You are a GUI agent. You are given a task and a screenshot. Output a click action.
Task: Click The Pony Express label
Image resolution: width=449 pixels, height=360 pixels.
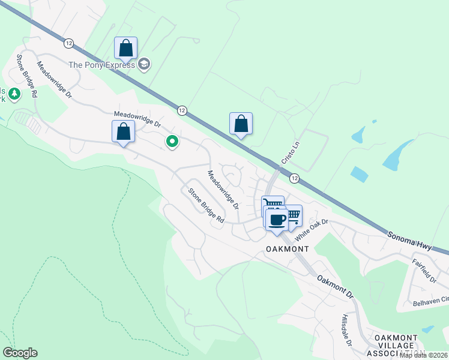[102, 65]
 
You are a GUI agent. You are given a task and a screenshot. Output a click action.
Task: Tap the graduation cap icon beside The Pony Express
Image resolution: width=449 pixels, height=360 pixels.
[144, 64]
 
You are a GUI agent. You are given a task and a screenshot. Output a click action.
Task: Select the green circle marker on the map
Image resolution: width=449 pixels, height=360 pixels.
[172, 142]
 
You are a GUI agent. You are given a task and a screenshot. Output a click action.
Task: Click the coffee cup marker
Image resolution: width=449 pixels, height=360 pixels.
[277, 220]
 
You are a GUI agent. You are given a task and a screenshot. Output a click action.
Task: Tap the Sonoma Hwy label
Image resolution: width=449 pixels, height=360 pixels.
[408, 233]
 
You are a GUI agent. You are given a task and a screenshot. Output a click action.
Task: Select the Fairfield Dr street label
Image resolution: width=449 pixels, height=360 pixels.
[424, 271]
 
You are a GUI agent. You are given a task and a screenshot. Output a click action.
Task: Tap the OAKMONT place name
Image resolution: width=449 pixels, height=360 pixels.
[287, 248]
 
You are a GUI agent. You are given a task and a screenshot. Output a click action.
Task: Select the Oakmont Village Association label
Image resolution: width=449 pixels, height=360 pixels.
[400, 346]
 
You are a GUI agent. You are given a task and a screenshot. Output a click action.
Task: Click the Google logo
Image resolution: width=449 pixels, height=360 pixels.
[20, 353]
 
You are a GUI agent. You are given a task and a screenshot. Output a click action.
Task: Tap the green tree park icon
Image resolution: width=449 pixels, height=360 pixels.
[14, 94]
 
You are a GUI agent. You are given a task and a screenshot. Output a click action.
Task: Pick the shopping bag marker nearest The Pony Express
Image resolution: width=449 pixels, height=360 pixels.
[126, 48]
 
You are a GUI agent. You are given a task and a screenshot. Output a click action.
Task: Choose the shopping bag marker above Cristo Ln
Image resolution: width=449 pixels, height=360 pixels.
[241, 124]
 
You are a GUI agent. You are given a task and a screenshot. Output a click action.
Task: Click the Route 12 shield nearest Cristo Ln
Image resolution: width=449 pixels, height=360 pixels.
[294, 178]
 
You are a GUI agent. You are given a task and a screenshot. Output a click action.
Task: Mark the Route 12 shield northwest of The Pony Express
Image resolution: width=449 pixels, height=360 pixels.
[68, 43]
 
